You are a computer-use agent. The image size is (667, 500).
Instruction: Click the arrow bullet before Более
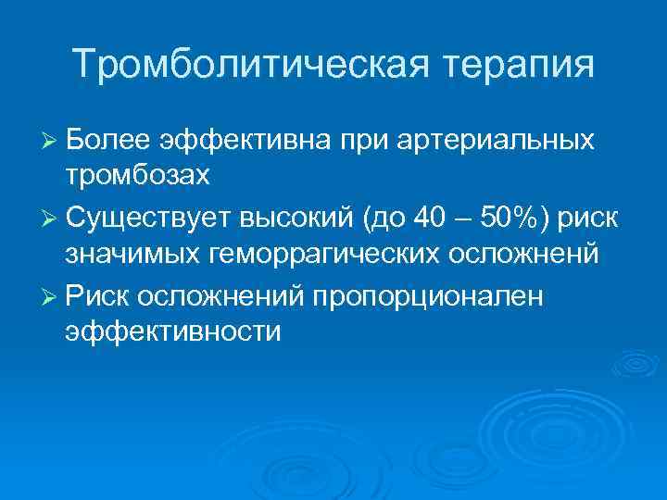click(52, 141)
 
